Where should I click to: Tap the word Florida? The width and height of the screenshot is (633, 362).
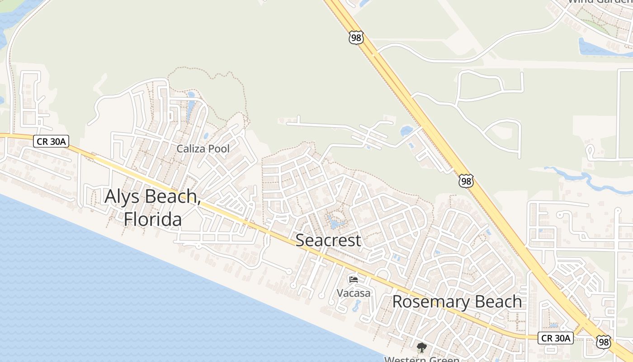(x=153, y=219)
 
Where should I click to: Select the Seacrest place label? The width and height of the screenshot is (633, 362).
(x=328, y=240)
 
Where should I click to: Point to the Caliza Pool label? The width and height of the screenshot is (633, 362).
(x=203, y=148)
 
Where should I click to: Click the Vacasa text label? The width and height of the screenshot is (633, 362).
(x=354, y=293)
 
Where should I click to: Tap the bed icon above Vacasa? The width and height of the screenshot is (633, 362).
(x=354, y=280)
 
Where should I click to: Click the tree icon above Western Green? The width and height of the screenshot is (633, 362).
(x=421, y=348)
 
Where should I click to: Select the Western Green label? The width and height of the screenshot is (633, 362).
(x=421, y=359)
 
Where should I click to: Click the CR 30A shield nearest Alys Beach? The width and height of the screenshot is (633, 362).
(x=51, y=142)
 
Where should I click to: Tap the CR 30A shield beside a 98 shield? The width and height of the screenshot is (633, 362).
(x=556, y=338)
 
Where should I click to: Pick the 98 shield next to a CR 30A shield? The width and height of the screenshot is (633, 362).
(x=603, y=342)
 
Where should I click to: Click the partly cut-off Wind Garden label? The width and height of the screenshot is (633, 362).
(x=600, y=1)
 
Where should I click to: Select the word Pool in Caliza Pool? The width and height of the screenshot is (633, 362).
(x=218, y=148)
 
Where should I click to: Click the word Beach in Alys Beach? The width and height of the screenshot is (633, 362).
(x=175, y=197)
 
